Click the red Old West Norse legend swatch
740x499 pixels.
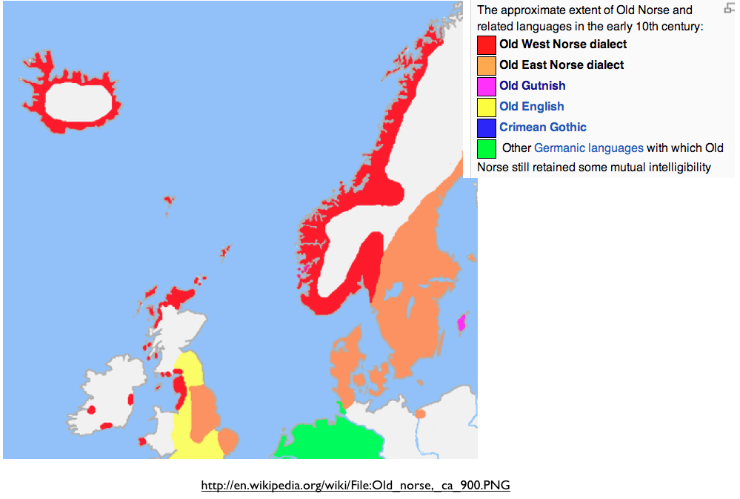(487, 45)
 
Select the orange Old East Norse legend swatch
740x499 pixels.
(487, 66)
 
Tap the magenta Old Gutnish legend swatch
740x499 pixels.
(487, 87)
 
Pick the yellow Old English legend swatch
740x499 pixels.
(487, 108)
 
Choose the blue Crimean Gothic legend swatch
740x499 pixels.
(487, 128)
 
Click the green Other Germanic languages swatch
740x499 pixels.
(487, 148)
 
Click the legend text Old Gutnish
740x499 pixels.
(532, 86)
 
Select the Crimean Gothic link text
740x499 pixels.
(542, 128)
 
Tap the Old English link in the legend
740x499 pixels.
(531, 107)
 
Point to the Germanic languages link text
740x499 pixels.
(588, 148)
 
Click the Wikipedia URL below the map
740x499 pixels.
(356, 486)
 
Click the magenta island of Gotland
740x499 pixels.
(461, 323)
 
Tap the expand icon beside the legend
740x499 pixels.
(728, 9)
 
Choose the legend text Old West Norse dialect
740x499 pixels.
(563, 44)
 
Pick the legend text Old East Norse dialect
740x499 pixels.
(561, 65)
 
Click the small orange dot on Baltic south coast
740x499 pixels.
(420, 413)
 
